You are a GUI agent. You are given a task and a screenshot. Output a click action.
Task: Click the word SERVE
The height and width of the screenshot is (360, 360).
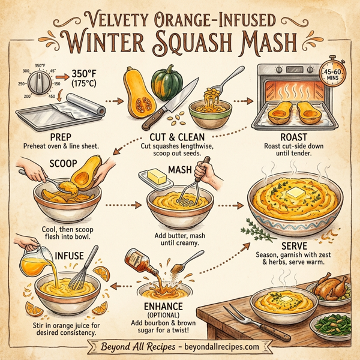click(x=290, y=245)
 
